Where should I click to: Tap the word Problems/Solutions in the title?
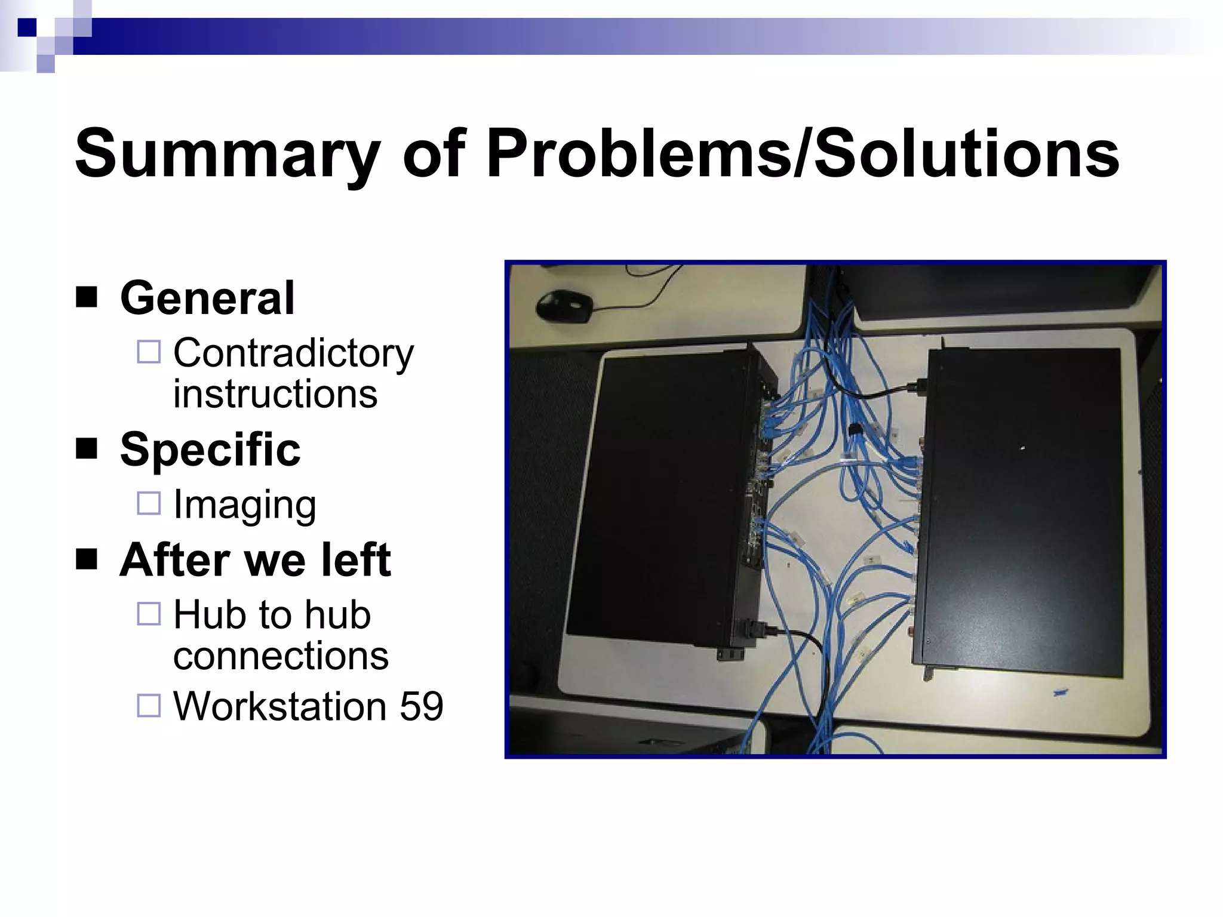(803, 154)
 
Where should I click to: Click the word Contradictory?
(293, 353)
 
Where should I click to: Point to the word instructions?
(275, 394)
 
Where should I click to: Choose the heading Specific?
(210, 449)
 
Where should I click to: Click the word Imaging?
(245, 504)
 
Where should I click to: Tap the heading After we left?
(256, 560)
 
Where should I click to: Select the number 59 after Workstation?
(422, 706)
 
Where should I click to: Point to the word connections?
(281, 656)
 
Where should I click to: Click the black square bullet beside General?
(87, 297)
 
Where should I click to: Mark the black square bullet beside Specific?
(87, 448)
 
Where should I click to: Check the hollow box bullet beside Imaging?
(149, 503)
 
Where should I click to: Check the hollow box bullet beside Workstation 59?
(149, 705)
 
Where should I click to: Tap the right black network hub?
(1021, 513)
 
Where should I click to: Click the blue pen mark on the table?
(1060, 693)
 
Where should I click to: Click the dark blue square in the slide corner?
(27, 27)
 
